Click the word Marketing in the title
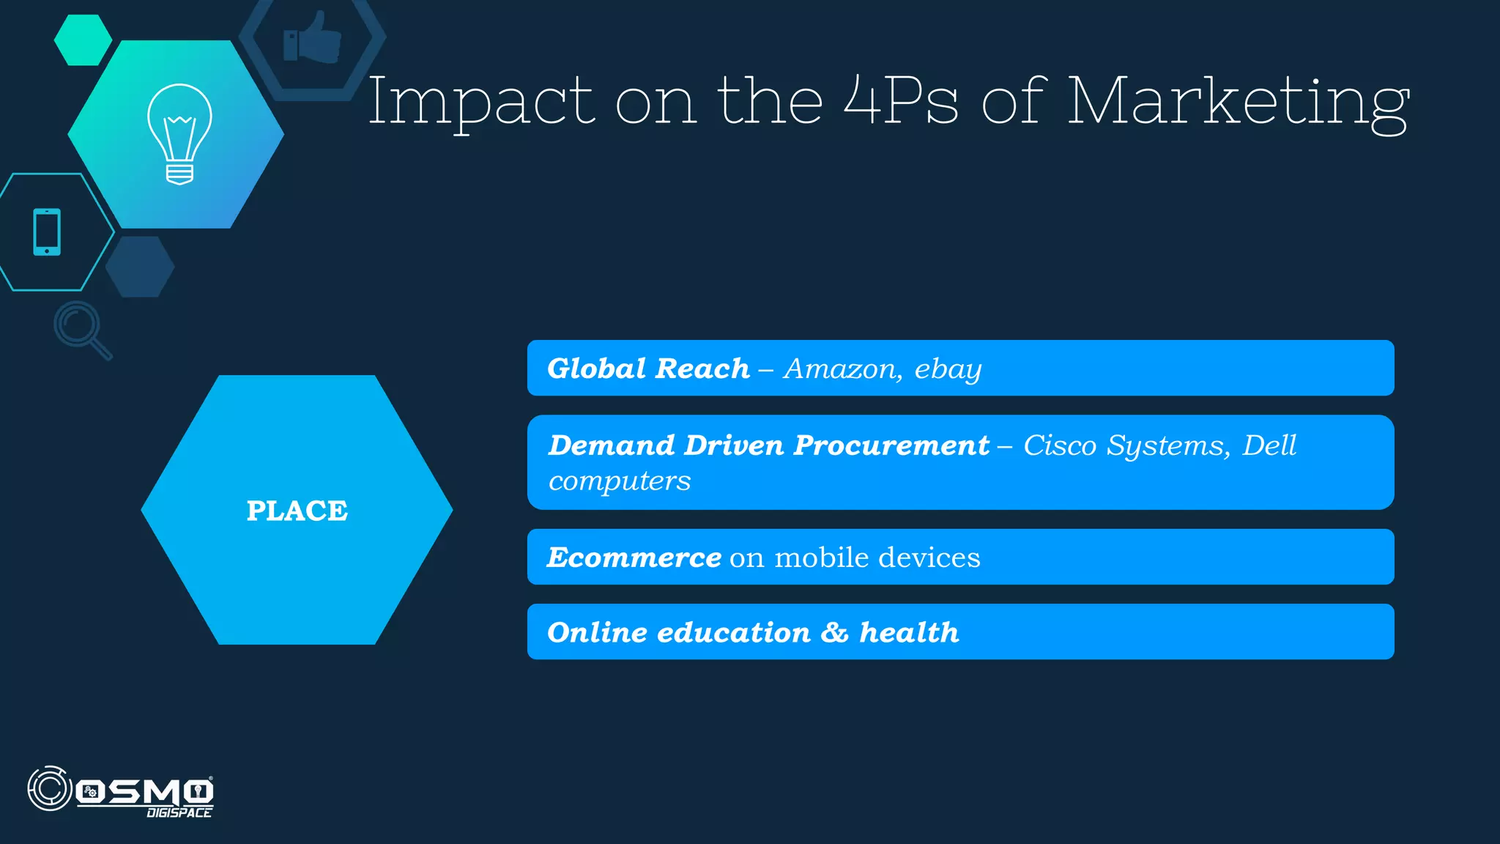pyautogui.click(x=1238, y=103)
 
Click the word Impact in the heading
pyautogui.click(x=480, y=103)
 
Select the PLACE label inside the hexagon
pyautogui.click(x=297, y=511)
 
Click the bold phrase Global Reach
pyautogui.click(x=648, y=369)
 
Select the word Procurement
pyautogui.click(x=891, y=445)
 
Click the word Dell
pyautogui.click(x=1269, y=445)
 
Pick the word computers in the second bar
pyautogui.click(x=620, y=481)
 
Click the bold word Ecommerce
pyautogui.click(x=634, y=558)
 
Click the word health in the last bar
pyautogui.click(x=909, y=632)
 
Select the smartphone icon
pyautogui.click(x=47, y=232)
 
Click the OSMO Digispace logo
pyautogui.click(x=121, y=791)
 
